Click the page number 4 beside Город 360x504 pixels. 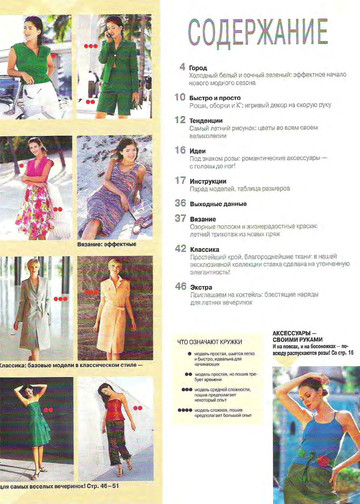pyautogui.click(x=181, y=67)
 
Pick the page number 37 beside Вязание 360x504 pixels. pyautogui.click(x=179, y=217)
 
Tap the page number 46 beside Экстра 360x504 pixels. pyautogui.click(x=179, y=286)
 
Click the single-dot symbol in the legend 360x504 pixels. pyautogui.click(x=187, y=357)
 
